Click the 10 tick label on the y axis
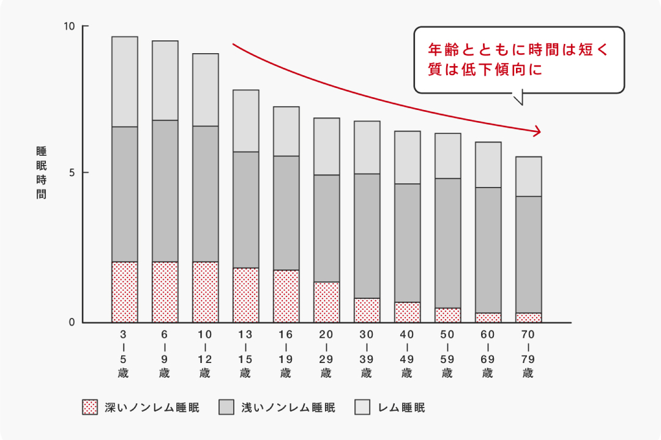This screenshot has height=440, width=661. pyautogui.click(x=69, y=27)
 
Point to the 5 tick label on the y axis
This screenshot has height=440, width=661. pyautogui.click(x=71, y=172)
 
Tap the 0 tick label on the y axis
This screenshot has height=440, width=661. pyautogui.click(x=71, y=322)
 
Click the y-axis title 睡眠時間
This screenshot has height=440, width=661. pyautogui.click(x=42, y=173)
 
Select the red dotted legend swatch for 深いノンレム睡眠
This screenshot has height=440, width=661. pyautogui.click(x=90, y=408)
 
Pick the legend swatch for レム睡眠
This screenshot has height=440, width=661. pyautogui.click(x=362, y=408)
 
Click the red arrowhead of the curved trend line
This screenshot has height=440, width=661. pyautogui.click(x=538, y=131)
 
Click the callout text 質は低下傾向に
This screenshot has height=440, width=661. pyautogui.click(x=485, y=70)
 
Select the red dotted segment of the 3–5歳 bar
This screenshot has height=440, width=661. pyautogui.click(x=124, y=292)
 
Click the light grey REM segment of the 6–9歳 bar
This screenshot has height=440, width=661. pyautogui.click(x=165, y=81)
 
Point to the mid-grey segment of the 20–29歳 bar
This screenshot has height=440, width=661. pyautogui.click(x=326, y=228)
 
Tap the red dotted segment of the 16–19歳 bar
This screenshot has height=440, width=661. pyautogui.click(x=286, y=296)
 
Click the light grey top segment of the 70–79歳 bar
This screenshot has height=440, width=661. pyautogui.click(x=528, y=177)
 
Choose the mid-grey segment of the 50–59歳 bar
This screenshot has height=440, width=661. pyautogui.click(x=447, y=243)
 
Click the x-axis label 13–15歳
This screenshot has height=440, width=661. pyautogui.click(x=245, y=354)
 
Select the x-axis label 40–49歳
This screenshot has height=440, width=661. pyautogui.click(x=407, y=354)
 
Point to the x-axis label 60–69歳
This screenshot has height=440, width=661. pyautogui.click(x=488, y=354)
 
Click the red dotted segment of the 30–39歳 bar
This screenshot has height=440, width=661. pyautogui.click(x=367, y=310)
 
